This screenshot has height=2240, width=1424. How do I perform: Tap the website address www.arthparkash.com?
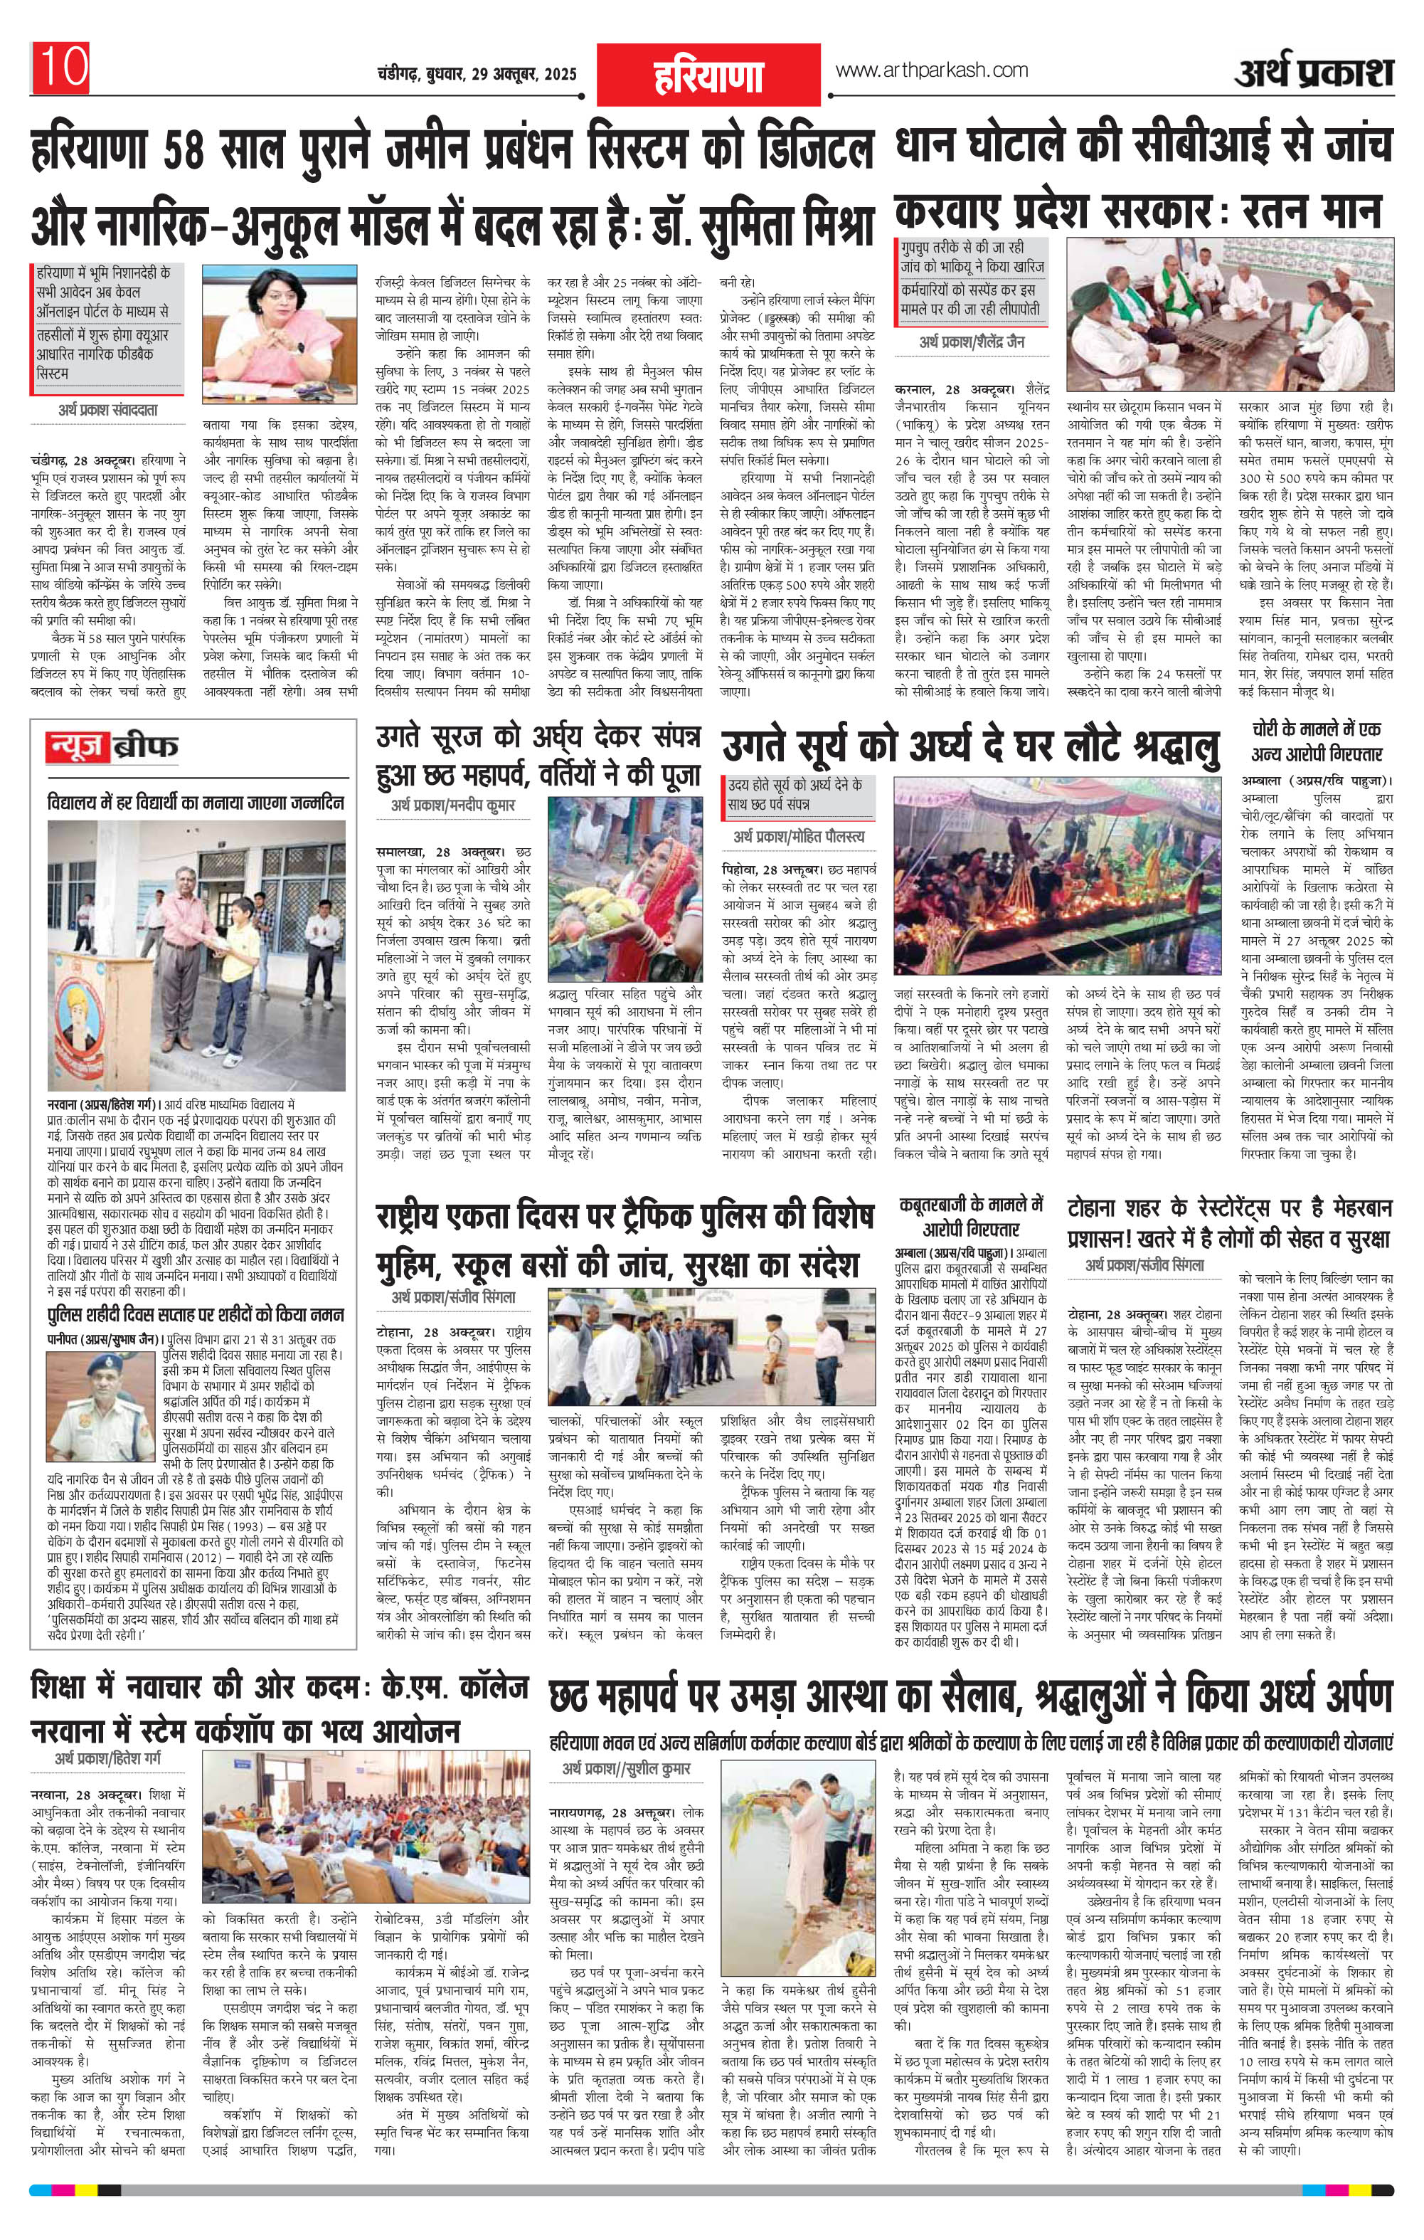[x=932, y=70]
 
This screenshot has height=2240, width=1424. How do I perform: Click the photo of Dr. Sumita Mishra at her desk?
[x=275, y=332]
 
